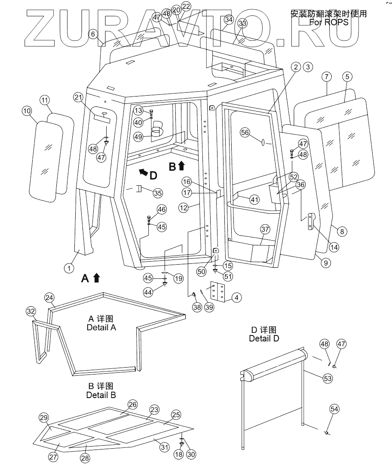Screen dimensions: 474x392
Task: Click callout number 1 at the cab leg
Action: click(68, 268)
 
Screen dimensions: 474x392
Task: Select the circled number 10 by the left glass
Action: click(27, 111)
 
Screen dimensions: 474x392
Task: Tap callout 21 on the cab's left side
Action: click(78, 98)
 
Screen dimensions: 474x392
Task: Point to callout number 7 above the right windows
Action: click(327, 77)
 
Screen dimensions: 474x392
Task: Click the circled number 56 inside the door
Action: click(245, 133)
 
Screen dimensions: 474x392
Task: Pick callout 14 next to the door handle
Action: click(334, 247)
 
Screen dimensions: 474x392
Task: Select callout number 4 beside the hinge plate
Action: click(237, 297)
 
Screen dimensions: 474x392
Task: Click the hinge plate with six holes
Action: click(217, 294)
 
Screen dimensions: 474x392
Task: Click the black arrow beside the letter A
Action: click(96, 278)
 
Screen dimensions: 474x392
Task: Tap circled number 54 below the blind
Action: click(334, 409)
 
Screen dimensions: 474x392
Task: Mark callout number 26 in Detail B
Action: click(132, 405)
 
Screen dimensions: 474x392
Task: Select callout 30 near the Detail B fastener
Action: click(191, 454)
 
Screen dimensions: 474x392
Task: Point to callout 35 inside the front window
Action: click(158, 193)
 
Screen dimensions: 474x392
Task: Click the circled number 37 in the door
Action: click(265, 229)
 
